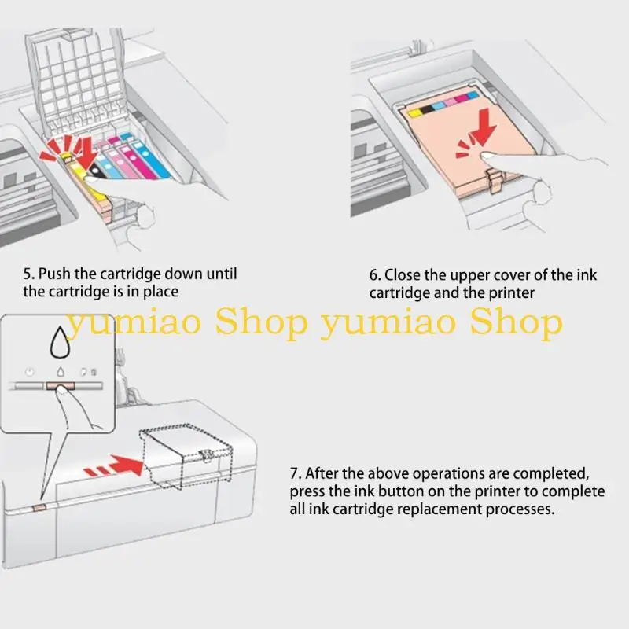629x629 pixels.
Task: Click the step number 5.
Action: [28, 274]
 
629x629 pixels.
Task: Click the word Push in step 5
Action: [55, 274]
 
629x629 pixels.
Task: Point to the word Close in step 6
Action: [403, 275]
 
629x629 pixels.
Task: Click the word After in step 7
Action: [322, 473]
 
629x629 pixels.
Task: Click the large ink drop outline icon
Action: [60, 342]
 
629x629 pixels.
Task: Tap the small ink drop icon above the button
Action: [61, 372]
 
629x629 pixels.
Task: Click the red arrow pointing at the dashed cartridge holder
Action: [113, 466]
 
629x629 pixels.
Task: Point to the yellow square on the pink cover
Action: [414, 113]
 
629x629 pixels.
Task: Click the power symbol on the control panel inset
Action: [29, 372]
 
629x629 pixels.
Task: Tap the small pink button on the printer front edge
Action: [40, 508]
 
